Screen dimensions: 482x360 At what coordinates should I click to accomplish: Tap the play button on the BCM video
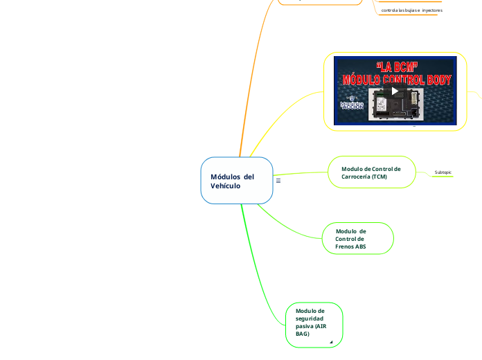(x=394, y=91)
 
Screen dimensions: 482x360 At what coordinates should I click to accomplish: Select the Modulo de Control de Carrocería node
(x=371, y=172)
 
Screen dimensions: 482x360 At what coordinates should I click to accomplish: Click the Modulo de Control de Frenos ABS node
(x=358, y=238)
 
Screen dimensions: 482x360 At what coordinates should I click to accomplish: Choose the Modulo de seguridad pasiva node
(x=314, y=323)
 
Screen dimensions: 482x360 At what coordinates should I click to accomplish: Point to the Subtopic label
(x=443, y=172)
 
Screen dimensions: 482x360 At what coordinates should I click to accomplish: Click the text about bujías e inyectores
(x=411, y=10)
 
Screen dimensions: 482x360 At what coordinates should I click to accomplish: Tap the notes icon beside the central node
(x=278, y=181)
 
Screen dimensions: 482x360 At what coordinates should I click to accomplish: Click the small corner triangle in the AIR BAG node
(x=331, y=342)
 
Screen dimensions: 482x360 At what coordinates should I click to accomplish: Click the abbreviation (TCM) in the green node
(x=378, y=177)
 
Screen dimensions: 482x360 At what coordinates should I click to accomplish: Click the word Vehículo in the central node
(x=226, y=186)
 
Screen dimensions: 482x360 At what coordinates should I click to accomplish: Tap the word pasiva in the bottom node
(x=305, y=326)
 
